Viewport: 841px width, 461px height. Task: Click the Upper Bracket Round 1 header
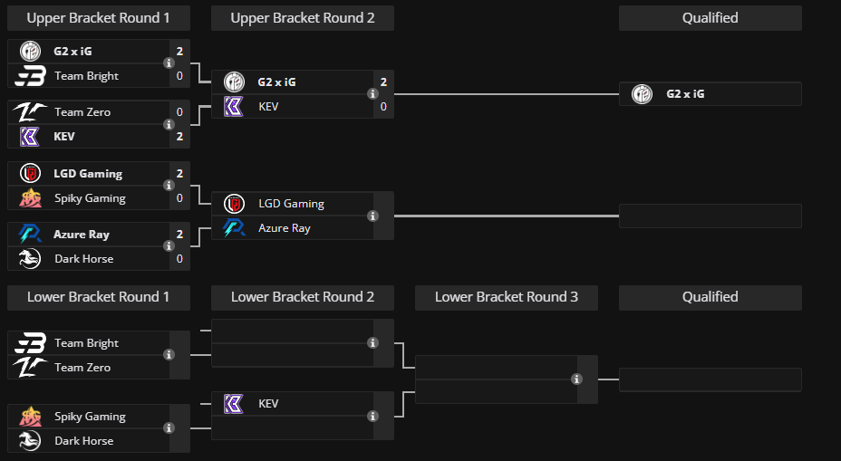pos(98,18)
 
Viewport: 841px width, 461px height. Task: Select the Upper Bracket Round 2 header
pos(302,18)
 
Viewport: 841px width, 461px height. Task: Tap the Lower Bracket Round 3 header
pos(506,297)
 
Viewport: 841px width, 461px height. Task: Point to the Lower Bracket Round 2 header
pos(302,297)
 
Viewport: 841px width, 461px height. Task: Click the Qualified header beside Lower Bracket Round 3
pos(710,297)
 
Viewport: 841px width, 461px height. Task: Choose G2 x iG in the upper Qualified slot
pos(685,93)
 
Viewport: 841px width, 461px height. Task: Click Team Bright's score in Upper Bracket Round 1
pos(179,76)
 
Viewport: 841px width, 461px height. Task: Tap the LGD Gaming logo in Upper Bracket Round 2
pos(234,204)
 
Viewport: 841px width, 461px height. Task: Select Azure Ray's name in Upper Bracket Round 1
pos(82,235)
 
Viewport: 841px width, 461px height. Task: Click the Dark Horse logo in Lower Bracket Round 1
pos(30,441)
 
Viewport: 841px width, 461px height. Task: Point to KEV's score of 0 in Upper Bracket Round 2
pos(383,107)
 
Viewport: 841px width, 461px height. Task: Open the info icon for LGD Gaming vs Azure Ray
pos(372,216)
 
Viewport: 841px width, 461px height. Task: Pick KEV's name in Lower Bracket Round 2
pos(268,403)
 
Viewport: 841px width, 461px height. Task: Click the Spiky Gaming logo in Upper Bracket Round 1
pos(30,198)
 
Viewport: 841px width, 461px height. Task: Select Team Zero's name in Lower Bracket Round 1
pos(82,368)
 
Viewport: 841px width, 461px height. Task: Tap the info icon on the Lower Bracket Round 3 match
pos(576,379)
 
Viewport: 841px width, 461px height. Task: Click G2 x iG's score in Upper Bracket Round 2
pos(383,82)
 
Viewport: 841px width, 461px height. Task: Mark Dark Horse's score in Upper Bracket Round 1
pos(179,259)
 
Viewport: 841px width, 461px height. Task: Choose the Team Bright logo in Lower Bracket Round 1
pos(30,343)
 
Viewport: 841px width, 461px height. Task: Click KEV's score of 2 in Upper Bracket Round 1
pos(179,137)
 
